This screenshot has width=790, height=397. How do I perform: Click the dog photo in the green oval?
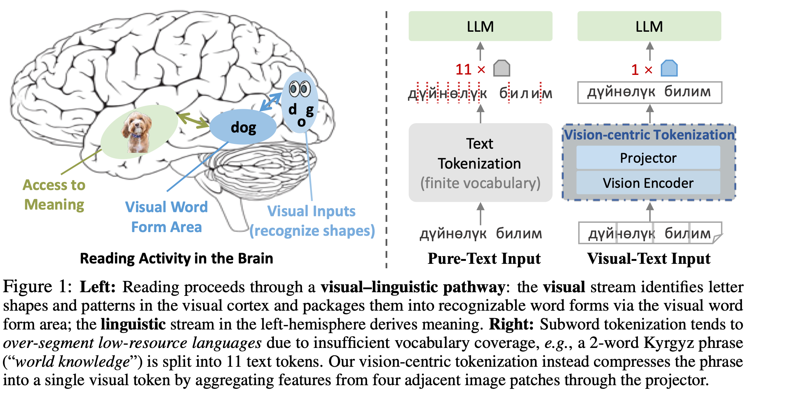(x=137, y=132)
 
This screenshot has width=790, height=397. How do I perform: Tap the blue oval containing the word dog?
(x=243, y=127)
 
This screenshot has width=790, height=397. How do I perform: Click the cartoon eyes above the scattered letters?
(x=300, y=89)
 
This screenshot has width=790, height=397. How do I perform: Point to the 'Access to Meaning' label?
(x=54, y=194)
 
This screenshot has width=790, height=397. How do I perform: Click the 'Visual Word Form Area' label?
(x=166, y=217)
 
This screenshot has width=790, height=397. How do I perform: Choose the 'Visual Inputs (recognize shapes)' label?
(x=312, y=221)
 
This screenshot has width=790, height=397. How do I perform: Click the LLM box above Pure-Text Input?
(x=480, y=26)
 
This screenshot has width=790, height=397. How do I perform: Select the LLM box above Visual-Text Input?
(x=649, y=26)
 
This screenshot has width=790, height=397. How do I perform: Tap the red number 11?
(x=463, y=69)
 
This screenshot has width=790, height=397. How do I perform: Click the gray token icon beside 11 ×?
(x=502, y=69)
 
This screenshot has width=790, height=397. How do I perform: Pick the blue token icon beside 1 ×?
(x=669, y=69)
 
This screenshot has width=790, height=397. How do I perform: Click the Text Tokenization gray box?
(x=480, y=163)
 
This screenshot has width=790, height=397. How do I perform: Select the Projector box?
(x=648, y=158)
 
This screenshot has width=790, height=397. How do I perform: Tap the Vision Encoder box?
(x=648, y=183)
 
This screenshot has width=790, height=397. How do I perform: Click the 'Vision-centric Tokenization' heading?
(x=649, y=135)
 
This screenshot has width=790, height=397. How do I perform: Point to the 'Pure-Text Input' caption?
(x=484, y=258)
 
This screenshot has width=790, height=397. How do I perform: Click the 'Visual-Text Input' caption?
(x=649, y=258)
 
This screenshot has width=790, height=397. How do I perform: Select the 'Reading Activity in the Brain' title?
(x=176, y=258)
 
